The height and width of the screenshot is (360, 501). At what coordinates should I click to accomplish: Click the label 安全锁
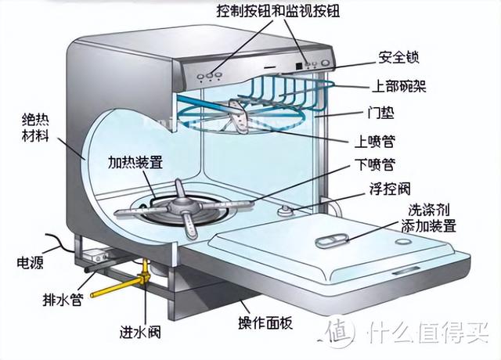pos(398,58)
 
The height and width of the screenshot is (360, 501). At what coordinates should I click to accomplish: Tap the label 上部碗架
pos(399,85)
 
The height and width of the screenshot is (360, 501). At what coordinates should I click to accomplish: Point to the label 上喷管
pos(374,141)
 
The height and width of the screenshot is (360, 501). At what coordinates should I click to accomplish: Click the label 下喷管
pos(375,164)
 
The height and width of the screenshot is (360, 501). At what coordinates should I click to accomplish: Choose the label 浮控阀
pos(390,189)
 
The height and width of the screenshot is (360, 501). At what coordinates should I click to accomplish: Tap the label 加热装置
pos(135,162)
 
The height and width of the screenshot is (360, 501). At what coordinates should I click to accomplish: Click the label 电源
pos(30,262)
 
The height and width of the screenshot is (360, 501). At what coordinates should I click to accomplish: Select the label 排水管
pos(63,300)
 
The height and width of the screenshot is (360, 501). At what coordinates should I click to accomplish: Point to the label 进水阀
pos(140,332)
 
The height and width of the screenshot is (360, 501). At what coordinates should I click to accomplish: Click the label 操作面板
pos(265,323)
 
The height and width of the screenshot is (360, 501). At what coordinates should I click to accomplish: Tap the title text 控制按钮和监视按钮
pos(278,11)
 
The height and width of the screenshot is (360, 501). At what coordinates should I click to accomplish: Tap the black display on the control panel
pos(299,66)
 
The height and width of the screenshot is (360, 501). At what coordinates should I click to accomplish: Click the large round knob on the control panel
pos(326,63)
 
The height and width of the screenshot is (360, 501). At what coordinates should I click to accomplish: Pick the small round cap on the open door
pos(402,241)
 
